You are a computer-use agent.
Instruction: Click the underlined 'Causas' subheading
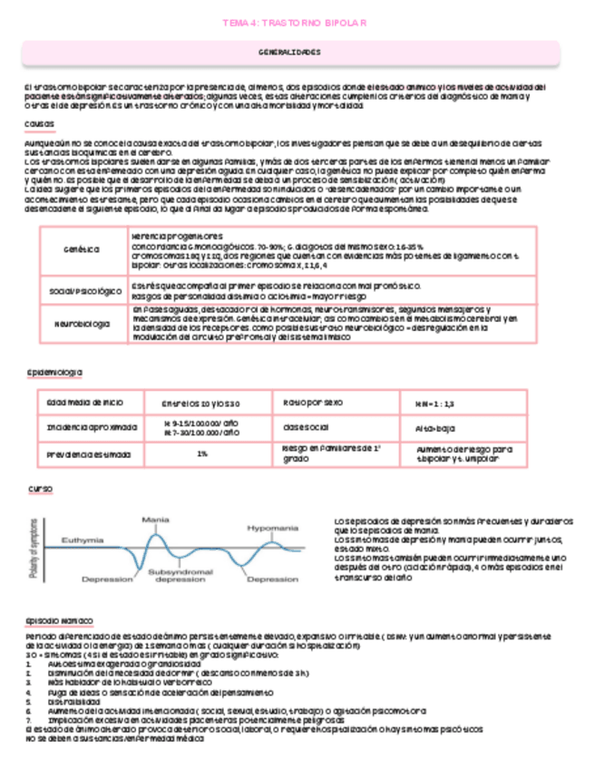pos(39,123)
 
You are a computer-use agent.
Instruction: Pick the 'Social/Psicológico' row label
pos(84,290)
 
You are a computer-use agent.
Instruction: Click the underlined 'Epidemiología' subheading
pos(56,372)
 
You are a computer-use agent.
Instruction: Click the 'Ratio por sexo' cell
pos(313,402)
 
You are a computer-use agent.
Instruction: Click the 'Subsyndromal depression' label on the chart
pos(179,576)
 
